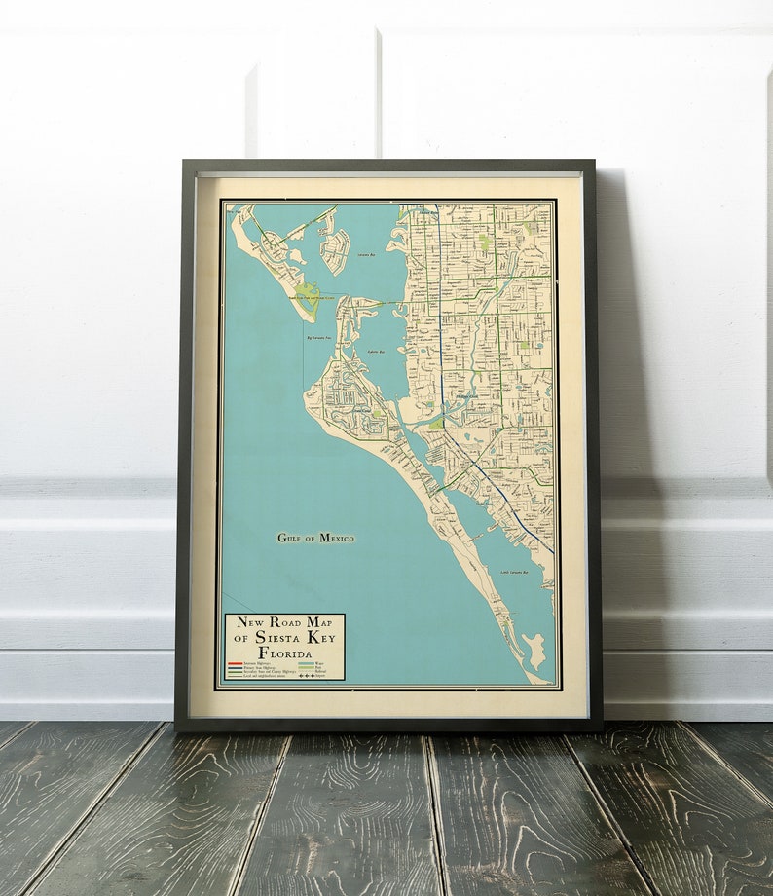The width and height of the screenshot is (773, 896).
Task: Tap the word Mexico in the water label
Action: pyautogui.click(x=338, y=538)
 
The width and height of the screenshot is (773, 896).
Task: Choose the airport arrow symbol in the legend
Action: pyautogui.click(x=307, y=675)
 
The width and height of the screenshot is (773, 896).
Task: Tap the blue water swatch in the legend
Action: pyautogui.click(x=307, y=662)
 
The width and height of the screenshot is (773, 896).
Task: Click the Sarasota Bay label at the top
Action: pyautogui.click(x=367, y=255)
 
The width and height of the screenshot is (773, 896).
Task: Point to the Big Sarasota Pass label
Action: pyautogui.click(x=322, y=339)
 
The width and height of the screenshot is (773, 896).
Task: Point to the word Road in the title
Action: pyautogui.click(x=281, y=621)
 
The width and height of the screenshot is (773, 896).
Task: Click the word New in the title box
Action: pyautogui.click(x=243, y=621)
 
